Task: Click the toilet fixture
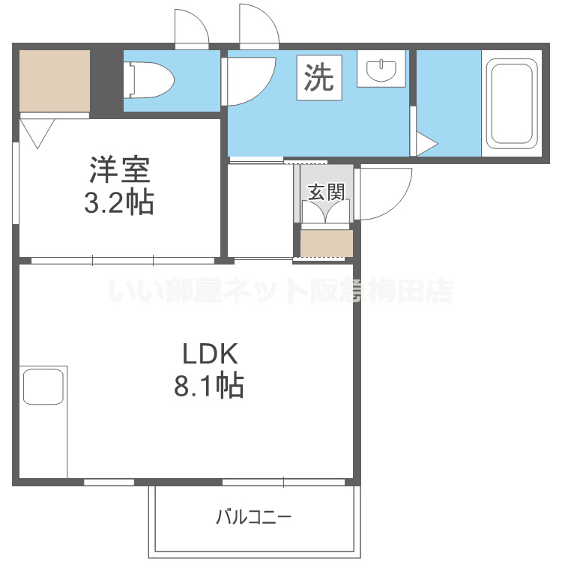(148, 80)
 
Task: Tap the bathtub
(512, 103)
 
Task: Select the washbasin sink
(381, 70)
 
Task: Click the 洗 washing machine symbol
(319, 77)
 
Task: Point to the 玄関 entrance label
(326, 192)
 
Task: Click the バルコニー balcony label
(253, 517)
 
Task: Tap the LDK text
(210, 354)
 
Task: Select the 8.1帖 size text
(209, 386)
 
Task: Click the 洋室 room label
(120, 169)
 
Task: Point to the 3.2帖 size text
(119, 202)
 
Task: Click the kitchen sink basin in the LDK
(43, 387)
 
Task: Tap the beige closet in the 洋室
(55, 81)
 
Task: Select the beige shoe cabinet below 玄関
(327, 244)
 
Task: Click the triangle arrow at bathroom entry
(427, 144)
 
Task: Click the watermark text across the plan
(281, 291)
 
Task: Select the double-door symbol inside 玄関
(325, 211)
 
